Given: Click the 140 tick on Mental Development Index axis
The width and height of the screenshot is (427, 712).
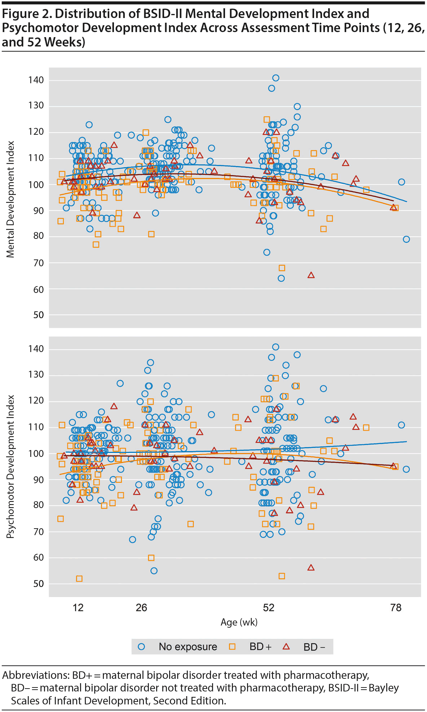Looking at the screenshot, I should click(36, 80).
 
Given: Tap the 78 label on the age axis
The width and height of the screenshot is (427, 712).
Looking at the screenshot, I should click(396, 608).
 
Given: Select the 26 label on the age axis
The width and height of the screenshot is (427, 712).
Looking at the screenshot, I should click(141, 608).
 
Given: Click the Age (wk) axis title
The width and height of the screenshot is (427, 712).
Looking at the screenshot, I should click(239, 622).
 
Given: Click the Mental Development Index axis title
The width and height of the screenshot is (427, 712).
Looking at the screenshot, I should click(11, 199).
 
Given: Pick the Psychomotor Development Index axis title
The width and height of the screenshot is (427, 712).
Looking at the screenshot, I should click(11, 467).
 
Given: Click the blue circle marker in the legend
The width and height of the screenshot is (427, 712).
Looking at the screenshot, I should click(141, 647).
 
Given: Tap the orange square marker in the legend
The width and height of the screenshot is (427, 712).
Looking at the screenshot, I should click(232, 647).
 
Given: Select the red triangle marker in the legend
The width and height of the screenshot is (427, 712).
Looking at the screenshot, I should click(286, 647).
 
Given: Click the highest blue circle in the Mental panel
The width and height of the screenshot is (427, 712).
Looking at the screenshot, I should click(276, 78).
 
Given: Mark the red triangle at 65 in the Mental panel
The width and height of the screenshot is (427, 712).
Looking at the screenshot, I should click(311, 275).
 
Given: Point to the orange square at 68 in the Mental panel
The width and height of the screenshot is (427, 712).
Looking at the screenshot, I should click(282, 268).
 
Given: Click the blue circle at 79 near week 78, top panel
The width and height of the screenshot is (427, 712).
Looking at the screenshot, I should click(406, 239).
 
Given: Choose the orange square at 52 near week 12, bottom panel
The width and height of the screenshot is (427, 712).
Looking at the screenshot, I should click(79, 579).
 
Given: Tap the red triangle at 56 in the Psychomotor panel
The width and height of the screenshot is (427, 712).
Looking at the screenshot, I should click(311, 568).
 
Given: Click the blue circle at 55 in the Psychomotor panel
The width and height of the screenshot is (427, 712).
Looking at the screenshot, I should click(154, 571).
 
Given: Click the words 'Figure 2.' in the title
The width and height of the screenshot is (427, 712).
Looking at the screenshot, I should click(27, 14).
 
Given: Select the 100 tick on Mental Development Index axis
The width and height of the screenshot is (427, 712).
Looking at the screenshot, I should click(36, 184).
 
